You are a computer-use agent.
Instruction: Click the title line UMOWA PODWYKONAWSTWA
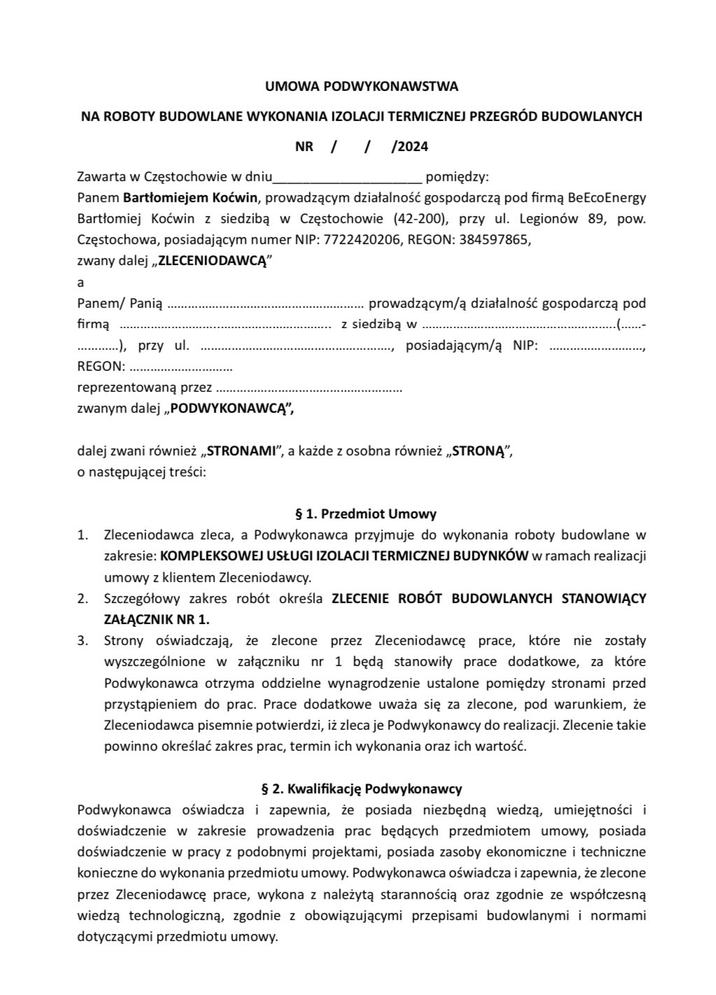(361, 87)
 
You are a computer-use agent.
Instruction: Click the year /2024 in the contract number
(410, 146)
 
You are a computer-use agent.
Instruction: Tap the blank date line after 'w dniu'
(347, 176)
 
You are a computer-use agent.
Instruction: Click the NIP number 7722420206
(362, 239)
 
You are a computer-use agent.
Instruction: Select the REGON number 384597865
(495, 239)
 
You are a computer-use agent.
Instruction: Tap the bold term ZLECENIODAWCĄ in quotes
(212, 261)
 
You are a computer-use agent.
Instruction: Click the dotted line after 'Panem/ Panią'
(265, 304)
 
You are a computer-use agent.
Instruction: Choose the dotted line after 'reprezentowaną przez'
(309, 388)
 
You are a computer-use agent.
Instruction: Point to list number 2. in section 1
(83, 598)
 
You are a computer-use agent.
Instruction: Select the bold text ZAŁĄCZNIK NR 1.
(156, 619)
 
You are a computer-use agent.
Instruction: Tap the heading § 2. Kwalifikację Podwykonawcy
(361, 789)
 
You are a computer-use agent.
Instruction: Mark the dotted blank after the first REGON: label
(181, 367)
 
